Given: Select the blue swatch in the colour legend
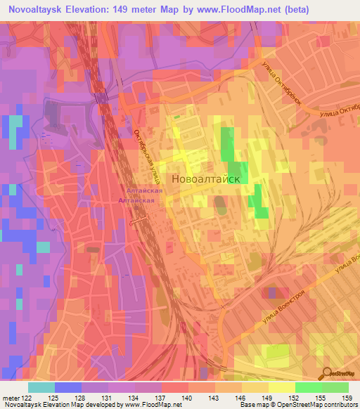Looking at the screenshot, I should (x=67, y=387).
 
